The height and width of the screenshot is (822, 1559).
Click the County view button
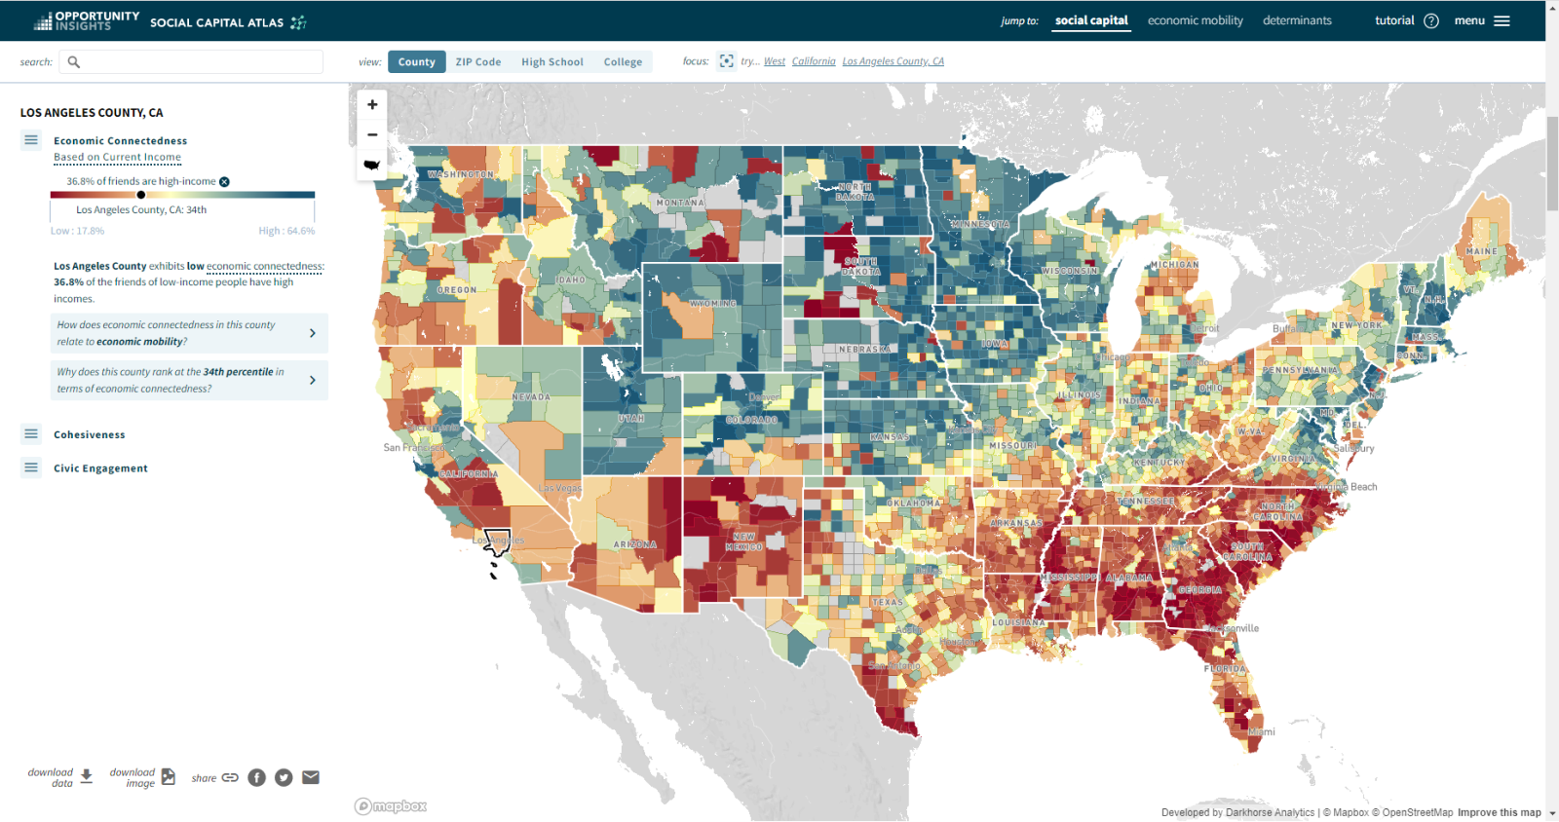tap(416, 61)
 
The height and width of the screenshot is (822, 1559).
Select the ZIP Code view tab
tap(477, 61)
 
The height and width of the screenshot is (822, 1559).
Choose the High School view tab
tap(551, 61)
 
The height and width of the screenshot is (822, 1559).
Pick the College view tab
tap(623, 61)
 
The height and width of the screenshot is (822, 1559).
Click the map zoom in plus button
tap(372, 104)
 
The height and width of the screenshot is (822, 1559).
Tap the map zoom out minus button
tap(372, 134)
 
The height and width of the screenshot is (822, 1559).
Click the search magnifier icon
tap(73, 61)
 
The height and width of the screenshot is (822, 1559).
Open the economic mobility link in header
tap(1195, 20)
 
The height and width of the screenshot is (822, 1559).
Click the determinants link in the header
tap(1296, 20)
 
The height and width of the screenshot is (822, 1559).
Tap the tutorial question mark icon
tap(1430, 20)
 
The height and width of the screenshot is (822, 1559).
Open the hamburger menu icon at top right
tap(1502, 20)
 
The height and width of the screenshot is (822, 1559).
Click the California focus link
tap(813, 61)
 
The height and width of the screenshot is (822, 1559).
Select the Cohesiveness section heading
tap(89, 434)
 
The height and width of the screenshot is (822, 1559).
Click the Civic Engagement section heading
tap(100, 468)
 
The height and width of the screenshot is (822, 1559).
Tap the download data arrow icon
tap(87, 776)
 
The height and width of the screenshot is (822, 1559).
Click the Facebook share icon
tap(256, 777)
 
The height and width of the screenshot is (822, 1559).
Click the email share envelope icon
tap(311, 777)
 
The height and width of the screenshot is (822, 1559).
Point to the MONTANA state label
tap(679, 203)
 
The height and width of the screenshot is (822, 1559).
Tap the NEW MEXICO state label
tap(743, 542)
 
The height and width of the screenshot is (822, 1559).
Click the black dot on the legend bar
tap(140, 195)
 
